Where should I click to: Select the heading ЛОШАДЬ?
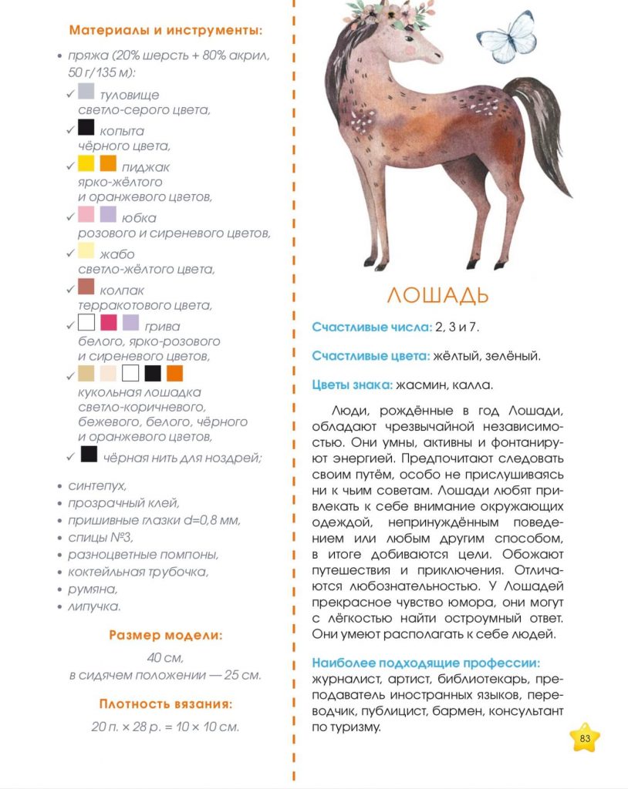437,295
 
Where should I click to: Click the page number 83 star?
585,738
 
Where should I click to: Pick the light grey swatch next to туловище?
86,93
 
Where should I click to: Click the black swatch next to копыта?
86,128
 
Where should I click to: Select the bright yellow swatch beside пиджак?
86,163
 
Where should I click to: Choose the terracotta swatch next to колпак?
86,287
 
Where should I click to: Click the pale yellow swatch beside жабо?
86,250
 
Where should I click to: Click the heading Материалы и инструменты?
166,31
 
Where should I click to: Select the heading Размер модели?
165,636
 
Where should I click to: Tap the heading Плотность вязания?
165,703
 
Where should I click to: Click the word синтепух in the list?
97,486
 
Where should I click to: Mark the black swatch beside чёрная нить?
89,455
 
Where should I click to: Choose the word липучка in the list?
95,606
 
